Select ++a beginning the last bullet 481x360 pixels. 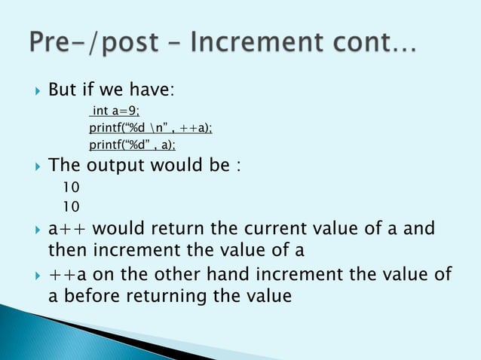[x=67, y=276]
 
